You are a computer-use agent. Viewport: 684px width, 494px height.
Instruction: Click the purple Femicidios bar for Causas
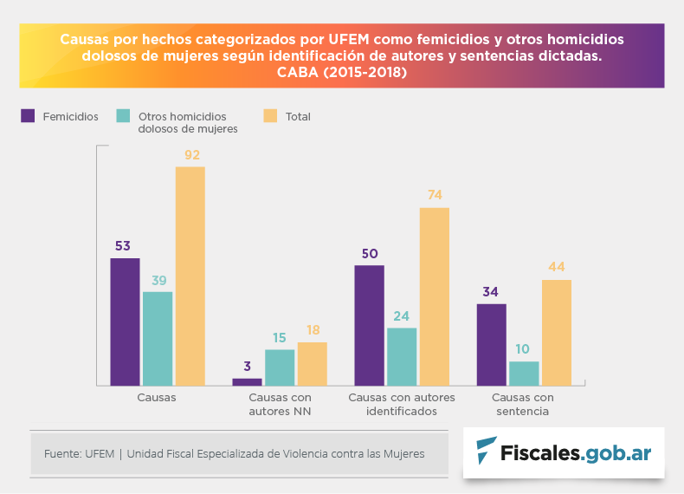[125, 322]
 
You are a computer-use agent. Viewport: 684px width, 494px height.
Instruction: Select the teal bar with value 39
[158, 338]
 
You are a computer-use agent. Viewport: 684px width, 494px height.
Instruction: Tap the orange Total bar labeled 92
[190, 276]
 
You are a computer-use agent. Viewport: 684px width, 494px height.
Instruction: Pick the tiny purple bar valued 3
[247, 381]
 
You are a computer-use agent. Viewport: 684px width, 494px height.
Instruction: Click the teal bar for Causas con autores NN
[280, 367]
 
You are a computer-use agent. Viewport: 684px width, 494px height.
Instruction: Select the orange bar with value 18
[313, 364]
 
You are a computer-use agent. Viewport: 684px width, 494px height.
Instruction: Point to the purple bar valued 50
[369, 325]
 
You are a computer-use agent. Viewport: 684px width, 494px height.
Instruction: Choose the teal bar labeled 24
[402, 356]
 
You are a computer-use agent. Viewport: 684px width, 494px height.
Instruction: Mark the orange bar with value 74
[435, 296]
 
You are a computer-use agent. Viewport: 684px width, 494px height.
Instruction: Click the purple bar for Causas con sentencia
[491, 344]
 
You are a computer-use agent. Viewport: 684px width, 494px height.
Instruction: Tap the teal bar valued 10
[524, 374]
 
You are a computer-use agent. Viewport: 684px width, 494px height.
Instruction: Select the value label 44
[556, 266]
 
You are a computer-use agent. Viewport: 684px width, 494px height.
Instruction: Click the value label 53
[124, 245]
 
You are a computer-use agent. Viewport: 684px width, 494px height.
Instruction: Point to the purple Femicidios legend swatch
[28, 115]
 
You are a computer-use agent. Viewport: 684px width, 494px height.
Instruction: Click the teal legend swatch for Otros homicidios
[123, 115]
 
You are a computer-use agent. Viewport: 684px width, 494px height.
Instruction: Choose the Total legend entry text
[298, 116]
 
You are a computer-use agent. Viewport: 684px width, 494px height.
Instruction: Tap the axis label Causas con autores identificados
[401, 404]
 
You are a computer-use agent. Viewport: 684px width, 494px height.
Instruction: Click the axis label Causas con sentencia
[523, 404]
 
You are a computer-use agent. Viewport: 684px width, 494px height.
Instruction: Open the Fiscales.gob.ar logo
[564, 452]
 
